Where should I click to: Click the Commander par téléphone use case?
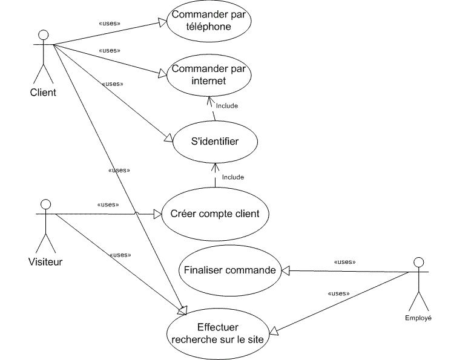pos(209,21)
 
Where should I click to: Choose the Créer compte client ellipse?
pos(215,214)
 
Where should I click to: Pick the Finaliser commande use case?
pos(230,270)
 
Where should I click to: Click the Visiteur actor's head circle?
pos(44,204)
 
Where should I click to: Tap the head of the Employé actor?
pos(417,262)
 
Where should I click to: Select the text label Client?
pos(42,93)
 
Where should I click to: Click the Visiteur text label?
pos(45,262)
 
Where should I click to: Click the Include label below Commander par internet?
pos(226,106)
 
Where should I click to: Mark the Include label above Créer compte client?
pos(232,177)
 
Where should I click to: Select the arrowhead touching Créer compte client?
pos(157,214)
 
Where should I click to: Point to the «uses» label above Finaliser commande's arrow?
pos(344,263)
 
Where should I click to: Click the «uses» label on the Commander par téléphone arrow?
pos(109,24)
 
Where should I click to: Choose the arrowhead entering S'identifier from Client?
pos(169,139)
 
